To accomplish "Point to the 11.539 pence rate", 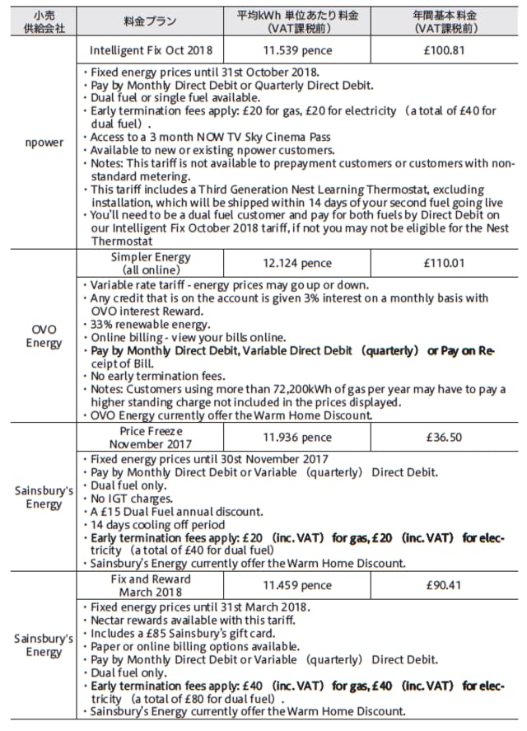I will pyautogui.click(x=297, y=49).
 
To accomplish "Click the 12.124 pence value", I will pyautogui.click(x=297, y=263).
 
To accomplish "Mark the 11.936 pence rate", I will pyautogui.click(x=297, y=437).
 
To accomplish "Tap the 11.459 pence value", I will pyautogui.click(x=297, y=585).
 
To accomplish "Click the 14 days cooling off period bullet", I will pyautogui.click(x=156, y=524).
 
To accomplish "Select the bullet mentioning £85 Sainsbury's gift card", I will pyautogui.click(x=189, y=634).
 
